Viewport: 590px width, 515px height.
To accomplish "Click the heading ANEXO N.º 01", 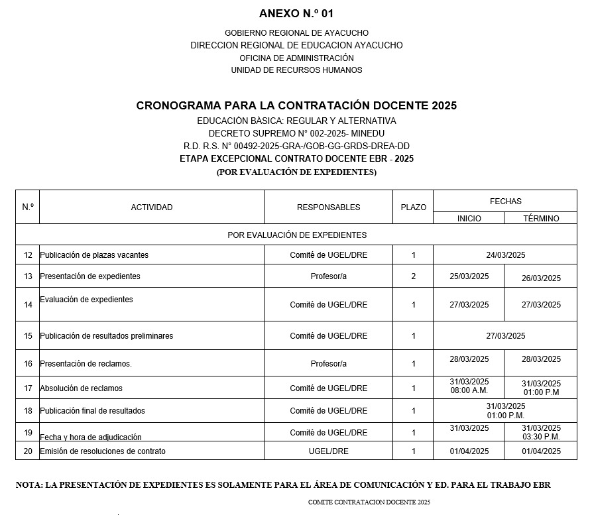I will (x=296, y=13).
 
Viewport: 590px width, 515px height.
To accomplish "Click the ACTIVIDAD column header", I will (x=152, y=207).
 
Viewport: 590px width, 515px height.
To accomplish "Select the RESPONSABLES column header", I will (x=328, y=207).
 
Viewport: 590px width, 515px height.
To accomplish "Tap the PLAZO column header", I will (x=413, y=207).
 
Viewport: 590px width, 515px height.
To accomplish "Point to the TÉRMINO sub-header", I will (x=541, y=218).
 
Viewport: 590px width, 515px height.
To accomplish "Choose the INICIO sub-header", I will (x=469, y=218).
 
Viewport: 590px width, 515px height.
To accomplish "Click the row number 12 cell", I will (x=28, y=255).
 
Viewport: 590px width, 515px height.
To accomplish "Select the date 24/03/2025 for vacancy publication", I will (x=505, y=255).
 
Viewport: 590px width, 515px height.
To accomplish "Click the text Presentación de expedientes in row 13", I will (x=90, y=276).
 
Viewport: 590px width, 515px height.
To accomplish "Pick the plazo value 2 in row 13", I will (x=413, y=276).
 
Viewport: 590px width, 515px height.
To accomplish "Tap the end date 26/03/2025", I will (x=541, y=278).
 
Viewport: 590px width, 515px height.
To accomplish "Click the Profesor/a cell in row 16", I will (x=328, y=364).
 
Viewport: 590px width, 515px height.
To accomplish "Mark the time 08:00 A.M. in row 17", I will (x=469, y=391).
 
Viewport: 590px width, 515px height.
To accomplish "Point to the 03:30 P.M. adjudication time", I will (x=541, y=437).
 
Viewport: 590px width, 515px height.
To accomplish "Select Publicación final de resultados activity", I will (x=92, y=411).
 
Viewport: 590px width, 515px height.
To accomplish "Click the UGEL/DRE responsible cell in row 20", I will (x=328, y=451).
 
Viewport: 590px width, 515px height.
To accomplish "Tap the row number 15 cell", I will (x=28, y=336).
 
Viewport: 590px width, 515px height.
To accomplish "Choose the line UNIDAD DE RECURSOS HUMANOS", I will (x=296, y=70).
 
